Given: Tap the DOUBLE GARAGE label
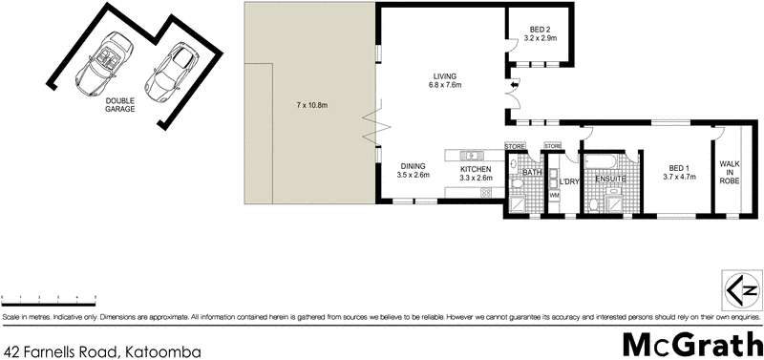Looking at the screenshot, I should coord(120,105).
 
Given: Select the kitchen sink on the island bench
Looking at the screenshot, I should coord(469,155).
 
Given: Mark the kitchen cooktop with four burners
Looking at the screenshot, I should coord(485,193).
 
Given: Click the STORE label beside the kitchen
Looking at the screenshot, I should coord(516,145).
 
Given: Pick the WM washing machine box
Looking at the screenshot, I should coord(554,196).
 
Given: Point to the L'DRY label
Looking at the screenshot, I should coord(570,181).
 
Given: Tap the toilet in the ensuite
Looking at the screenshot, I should coord(594,203).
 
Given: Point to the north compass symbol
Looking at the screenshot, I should coord(737,286).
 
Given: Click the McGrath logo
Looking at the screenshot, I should coord(690,342).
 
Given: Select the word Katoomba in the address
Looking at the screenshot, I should coord(161,351).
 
